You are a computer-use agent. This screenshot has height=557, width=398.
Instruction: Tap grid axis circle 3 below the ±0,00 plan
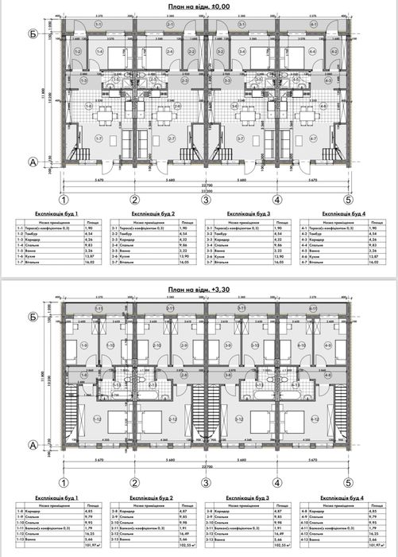pyautogui.click(x=206, y=200)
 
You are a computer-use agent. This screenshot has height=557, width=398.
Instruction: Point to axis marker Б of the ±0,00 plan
pyautogui.click(x=33, y=33)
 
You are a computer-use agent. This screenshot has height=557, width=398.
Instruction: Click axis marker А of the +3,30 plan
pyautogui.click(x=33, y=445)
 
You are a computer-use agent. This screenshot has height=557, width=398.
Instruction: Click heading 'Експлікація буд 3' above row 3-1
pyautogui.click(x=248, y=214)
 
